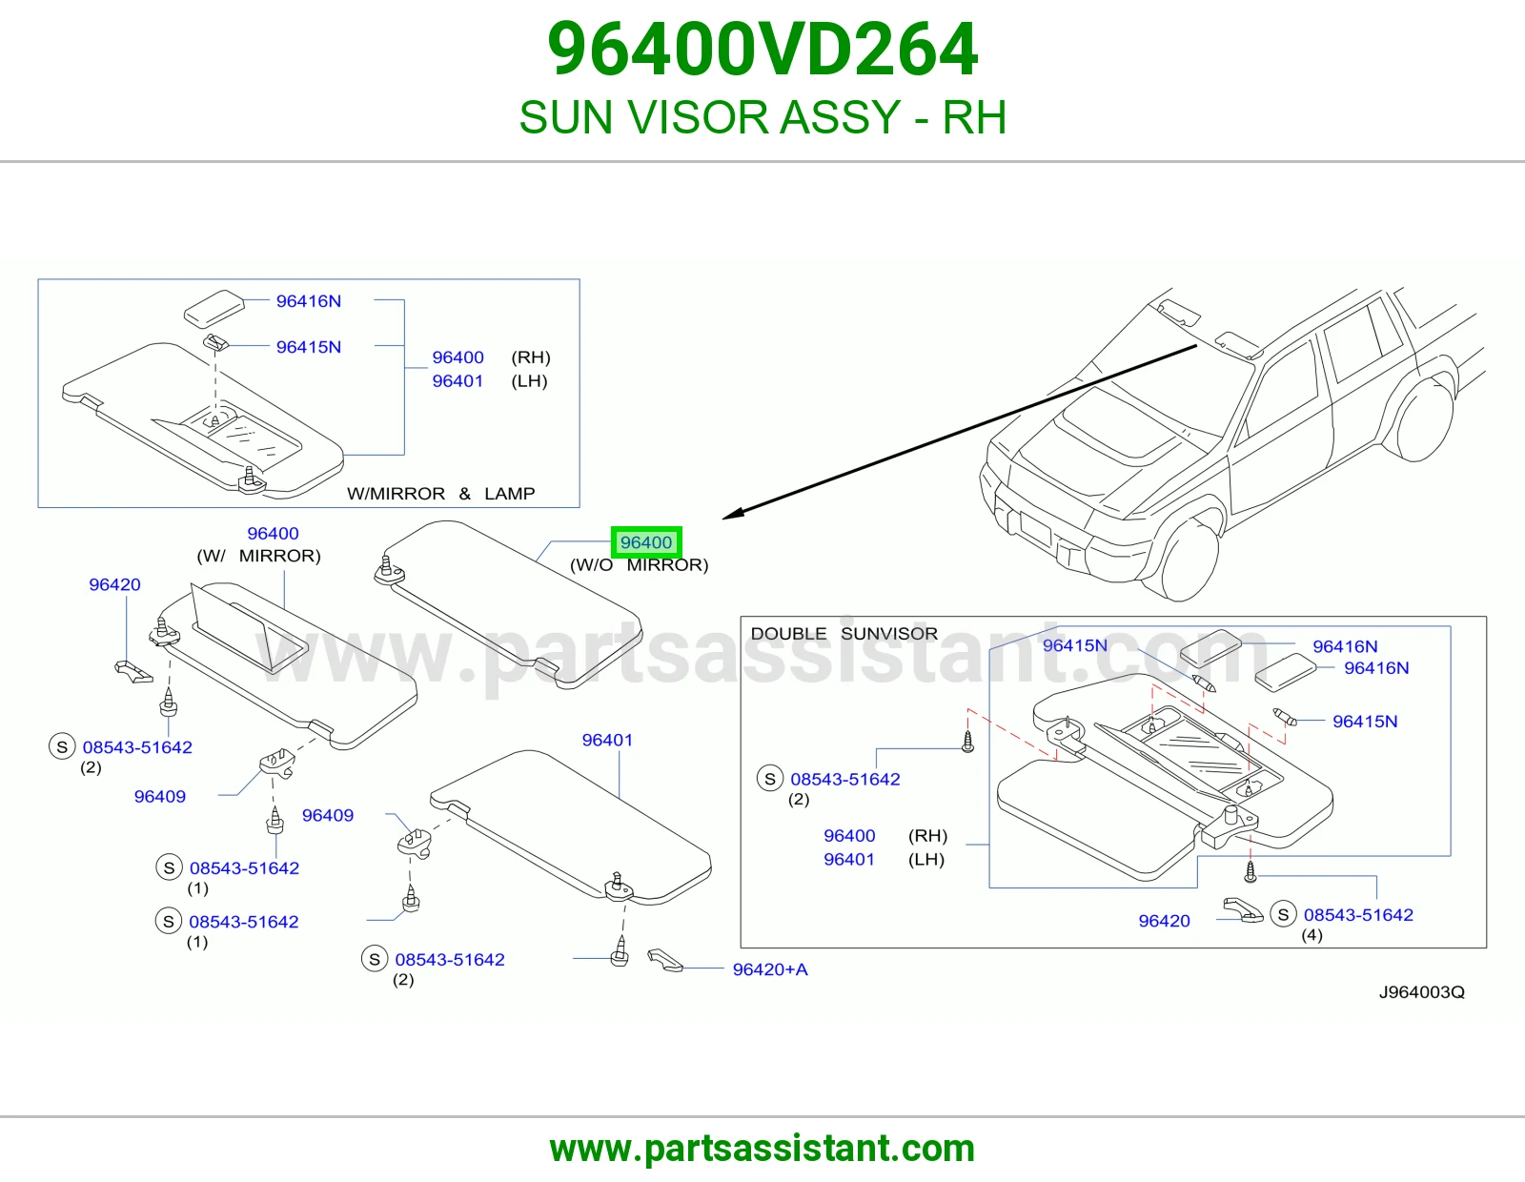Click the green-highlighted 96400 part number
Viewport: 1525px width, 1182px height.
645,542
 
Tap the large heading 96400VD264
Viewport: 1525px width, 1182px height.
762,50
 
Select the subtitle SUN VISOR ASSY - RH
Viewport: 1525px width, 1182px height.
762,117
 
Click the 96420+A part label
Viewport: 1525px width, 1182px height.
770,969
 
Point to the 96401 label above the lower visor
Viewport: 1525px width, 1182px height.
607,740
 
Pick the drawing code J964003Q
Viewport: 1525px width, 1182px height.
1422,991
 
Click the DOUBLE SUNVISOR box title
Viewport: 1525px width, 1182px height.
844,633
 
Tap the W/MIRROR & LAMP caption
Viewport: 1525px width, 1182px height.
440,494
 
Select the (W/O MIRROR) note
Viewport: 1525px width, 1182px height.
640,565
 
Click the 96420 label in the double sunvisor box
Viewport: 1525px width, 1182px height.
1165,921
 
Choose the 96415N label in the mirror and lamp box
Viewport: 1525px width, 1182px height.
309,347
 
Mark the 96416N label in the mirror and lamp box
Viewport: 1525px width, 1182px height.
309,301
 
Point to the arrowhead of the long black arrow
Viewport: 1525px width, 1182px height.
731,515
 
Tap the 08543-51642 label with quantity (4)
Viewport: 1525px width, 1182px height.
1358,914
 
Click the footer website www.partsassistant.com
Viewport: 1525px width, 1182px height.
762,1149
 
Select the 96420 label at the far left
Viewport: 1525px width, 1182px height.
114,584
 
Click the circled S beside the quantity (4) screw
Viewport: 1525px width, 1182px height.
1284,914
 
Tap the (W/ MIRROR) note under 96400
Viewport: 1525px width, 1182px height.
258,556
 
